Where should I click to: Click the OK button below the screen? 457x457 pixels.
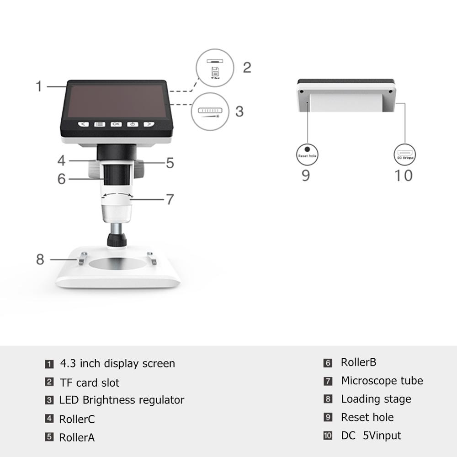[116, 124]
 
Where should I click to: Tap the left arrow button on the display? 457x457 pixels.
[83, 124]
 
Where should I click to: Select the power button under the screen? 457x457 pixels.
[133, 124]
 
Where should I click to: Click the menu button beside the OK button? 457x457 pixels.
[100, 124]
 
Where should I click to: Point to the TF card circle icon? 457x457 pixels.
[215, 69]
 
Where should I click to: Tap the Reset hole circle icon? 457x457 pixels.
[307, 152]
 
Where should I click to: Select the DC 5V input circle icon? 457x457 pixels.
[405, 154]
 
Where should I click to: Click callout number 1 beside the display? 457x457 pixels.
[39, 86]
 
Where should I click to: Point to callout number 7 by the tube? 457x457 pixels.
[170, 199]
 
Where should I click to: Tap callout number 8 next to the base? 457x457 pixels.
[40, 259]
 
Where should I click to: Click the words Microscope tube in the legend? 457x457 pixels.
[382, 381]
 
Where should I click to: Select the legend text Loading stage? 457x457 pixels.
[376, 399]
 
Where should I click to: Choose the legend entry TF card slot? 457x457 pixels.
[89, 383]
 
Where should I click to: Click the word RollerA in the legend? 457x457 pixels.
[77, 437]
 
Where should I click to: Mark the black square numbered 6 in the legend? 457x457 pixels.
[328, 363]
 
